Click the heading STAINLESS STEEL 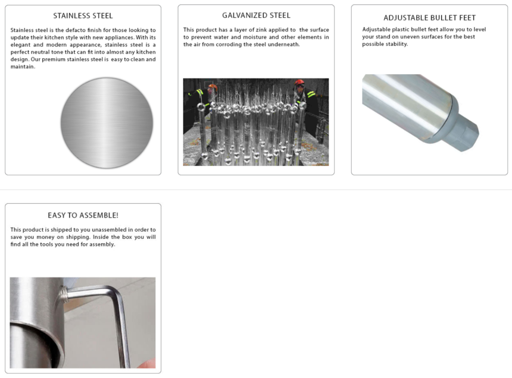pos(83,15)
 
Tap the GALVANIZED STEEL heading pos(256,15)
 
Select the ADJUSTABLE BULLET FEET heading pos(429,18)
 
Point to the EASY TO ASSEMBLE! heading pos(83,215)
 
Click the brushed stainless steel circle pos(107,123)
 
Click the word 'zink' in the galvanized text pos(261,30)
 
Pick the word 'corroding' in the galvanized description pos(227,45)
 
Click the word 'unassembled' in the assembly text pos(109,229)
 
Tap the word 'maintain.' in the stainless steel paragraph pos(23,67)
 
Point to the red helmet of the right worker pos(299,82)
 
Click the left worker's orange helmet pos(213,87)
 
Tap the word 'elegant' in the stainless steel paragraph pos(21,45)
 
